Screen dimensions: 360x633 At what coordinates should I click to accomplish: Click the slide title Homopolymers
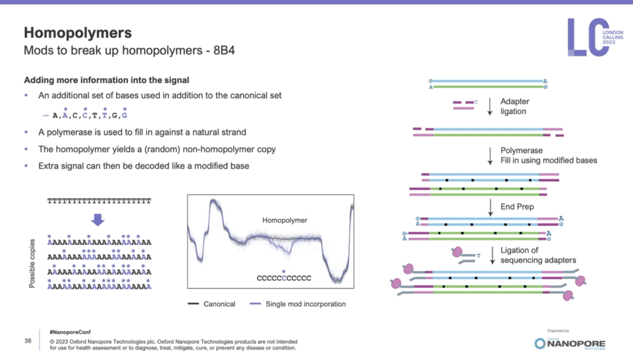click(77, 33)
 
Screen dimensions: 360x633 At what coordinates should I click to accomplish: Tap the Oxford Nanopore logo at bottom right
click(570, 343)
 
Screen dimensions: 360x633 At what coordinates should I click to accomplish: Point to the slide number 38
click(27, 341)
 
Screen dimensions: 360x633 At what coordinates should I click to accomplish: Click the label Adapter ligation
click(514, 106)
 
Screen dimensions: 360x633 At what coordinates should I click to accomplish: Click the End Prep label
click(517, 207)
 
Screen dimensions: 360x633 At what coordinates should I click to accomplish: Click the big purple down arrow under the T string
click(98, 219)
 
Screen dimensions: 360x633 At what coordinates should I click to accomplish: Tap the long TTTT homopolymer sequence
click(99, 202)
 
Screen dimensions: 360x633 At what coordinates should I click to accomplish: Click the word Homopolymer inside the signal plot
click(285, 220)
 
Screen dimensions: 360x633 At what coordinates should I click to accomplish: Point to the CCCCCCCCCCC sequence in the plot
click(283, 278)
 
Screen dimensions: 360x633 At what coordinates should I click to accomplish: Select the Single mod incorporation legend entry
click(297, 304)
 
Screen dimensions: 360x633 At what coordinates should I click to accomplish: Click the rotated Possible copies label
click(33, 262)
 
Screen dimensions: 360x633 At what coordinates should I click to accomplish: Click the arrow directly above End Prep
click(490, 206)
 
